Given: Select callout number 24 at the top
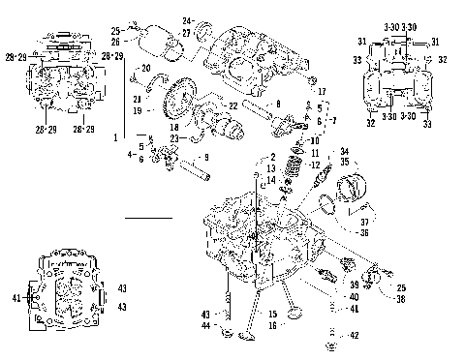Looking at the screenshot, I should pyautogui.click(x=187, y=20).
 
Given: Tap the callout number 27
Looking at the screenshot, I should pyautogui.click(x=187, y=32).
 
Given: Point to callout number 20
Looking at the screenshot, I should pyautogui.click(x=146, y=68).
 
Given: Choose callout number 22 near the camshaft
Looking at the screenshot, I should pyautogui.click(x=232, y=105).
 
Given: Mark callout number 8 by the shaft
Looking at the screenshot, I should pyautogui.click(x=278, y=103).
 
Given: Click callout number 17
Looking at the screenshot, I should pyautogui.click(x=322, y=116).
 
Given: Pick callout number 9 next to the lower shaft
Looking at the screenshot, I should pyautogui.click(x=203, y=158).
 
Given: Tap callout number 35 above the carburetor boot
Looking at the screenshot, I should pyautogui.click(x=344, y=163).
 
